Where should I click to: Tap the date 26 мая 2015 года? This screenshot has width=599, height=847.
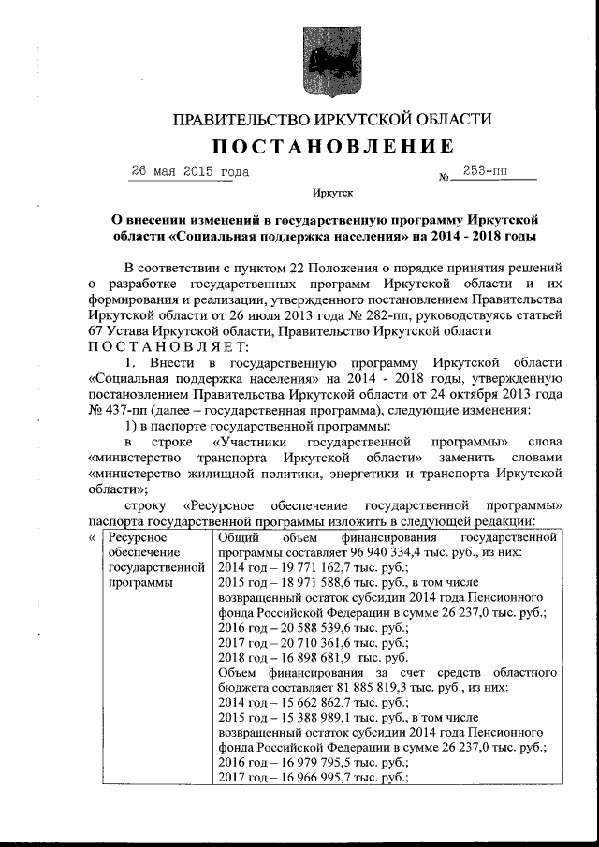click(x=190, y=172)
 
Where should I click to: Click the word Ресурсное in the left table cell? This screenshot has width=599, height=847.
click(x=138, y=538)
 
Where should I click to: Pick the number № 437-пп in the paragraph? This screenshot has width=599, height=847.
click(x=116, y=410)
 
